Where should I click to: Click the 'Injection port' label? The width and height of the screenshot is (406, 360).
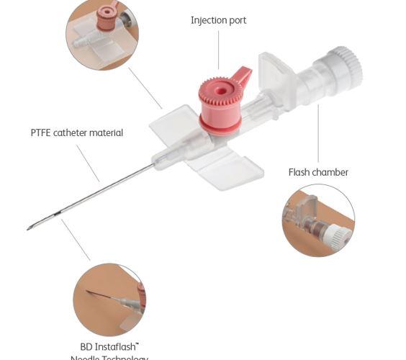(x=218, y=20)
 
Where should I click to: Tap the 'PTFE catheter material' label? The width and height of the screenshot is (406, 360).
(x=76, y=132)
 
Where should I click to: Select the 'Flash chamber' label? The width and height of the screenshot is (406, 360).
(x=318, y=172)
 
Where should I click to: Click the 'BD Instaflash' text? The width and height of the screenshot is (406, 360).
(x=109, y=346)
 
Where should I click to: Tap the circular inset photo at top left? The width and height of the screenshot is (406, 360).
(x=101, y=34)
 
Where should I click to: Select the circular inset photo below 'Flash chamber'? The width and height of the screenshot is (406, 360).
(x=318, y=220)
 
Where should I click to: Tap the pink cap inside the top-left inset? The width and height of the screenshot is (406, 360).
(x=107, y=17)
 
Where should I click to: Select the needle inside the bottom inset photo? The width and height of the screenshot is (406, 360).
(x=101, y=295)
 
